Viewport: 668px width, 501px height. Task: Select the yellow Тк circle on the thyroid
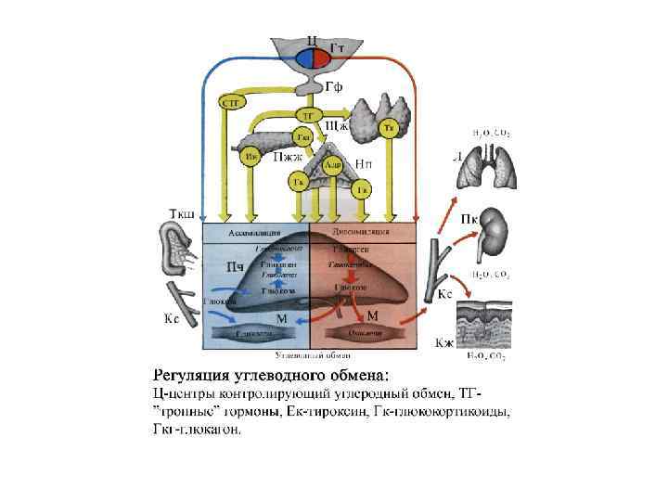click(x=391, y=128)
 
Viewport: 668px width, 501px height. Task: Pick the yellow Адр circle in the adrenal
click(x=331, y=165)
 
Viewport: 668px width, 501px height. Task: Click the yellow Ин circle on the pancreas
click(x=250, y=157)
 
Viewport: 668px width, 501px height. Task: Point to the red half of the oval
click(x=321, y=58)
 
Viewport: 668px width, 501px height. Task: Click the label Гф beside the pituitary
click(x=334, y=87)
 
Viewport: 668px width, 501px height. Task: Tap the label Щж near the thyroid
click(x=336, y=123)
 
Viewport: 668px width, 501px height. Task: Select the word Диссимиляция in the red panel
click(x=361, y=232)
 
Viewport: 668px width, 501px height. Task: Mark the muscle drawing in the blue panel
click(x=253, y=332)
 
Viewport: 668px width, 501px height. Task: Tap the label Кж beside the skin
click(x=444, y=343)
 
